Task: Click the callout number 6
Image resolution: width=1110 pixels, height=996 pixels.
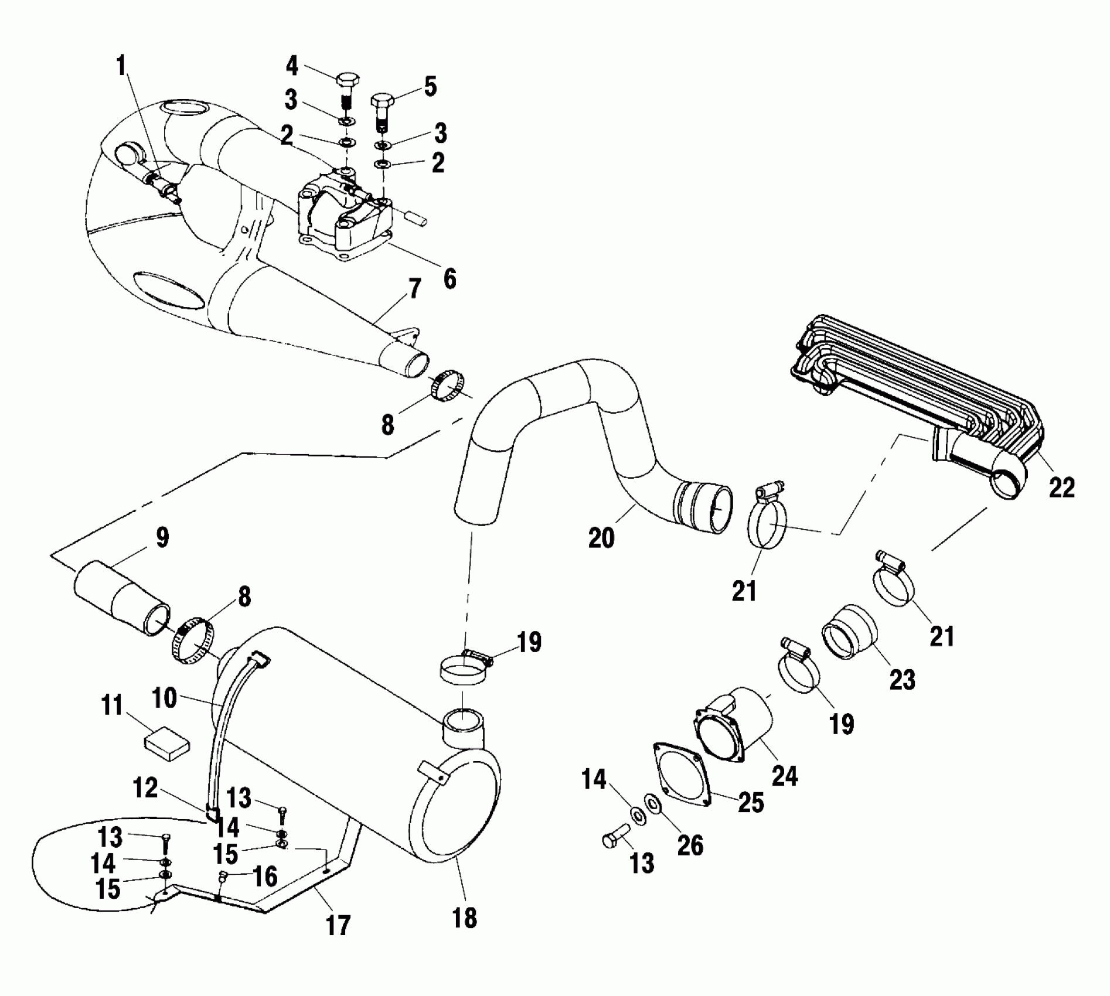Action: [x=450, y=279]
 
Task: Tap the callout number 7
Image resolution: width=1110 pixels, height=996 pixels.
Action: [x=414, y=289]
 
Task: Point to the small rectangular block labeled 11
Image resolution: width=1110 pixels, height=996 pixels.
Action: [x=167, y=744]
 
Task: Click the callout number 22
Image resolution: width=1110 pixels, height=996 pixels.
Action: [x=1062, y=487]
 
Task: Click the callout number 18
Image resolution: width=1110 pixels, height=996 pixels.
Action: [x=465, y=917]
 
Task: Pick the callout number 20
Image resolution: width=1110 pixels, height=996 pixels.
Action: [x=601, y=537]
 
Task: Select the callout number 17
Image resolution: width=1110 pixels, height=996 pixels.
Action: [x=338, y=925]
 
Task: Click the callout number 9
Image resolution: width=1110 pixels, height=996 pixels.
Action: [x=162, y=537]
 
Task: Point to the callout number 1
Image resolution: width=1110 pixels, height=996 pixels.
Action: [x=121, y=66]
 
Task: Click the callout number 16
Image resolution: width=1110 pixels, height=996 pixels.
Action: [x=265, y=876]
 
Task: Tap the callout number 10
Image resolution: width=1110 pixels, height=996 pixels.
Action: [x=165, y=698]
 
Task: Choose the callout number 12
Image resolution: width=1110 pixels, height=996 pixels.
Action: [x=145, y=788]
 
